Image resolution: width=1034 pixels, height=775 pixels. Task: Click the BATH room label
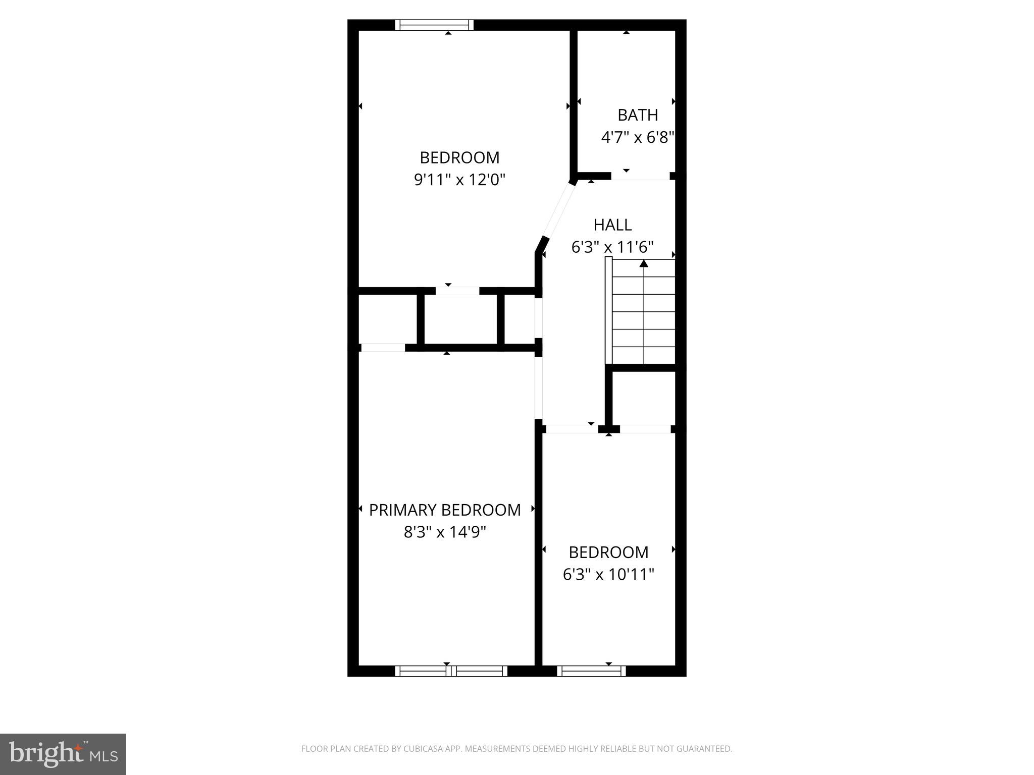pyautogui.click(x=638, y=115)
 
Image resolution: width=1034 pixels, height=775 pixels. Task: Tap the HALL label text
pyautogui.click(x=612, y=225)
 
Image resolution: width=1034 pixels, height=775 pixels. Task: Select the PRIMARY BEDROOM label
pyautogui.click(x=445, y=510)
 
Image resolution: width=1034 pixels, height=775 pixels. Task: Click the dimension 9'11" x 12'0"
pyautogui.click(x=459, y=180)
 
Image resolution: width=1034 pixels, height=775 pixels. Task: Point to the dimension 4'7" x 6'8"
pyautogui.click(x=638, y=137)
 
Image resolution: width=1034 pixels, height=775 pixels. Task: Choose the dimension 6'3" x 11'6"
pyautogui.click(x=612, y=247)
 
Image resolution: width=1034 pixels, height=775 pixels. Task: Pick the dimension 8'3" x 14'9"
pyautogui.click(x=445, y=532)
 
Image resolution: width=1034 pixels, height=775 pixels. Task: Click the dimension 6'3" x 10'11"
pyautogui.click(x=608, y=574)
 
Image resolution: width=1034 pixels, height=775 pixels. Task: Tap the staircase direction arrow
pyautogui.click(x=644, y=263)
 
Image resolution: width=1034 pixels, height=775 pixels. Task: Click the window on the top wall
pyautogui.click(x=434, y=25)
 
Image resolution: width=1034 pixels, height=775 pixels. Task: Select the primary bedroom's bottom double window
pyautogui.click(x=451, y=671)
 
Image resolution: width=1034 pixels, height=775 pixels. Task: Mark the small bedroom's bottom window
pyautogui.click(x=591, y=671)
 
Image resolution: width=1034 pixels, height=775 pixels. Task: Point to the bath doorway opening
pyautogui.click(x=640, y=177)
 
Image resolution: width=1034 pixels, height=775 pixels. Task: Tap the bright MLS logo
pyautogui.click(x=63, y=754)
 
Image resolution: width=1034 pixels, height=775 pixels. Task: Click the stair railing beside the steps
pyautogui.click(x=608, y=310)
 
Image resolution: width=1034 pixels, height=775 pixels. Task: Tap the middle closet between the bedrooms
pyautogui.click(x=460, y=319)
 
